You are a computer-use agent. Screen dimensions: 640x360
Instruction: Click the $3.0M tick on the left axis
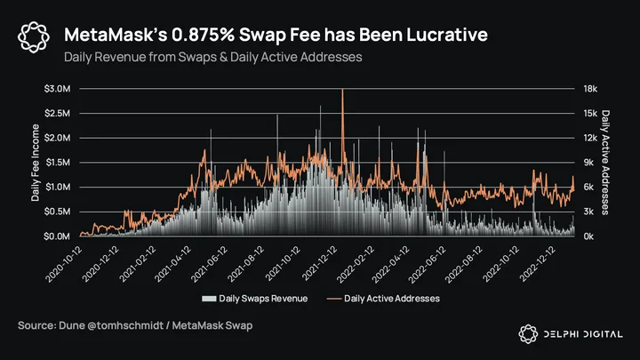57,89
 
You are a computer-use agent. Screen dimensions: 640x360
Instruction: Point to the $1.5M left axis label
58,163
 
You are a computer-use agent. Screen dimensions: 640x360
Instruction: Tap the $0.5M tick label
57,212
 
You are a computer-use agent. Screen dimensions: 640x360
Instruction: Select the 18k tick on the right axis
590,89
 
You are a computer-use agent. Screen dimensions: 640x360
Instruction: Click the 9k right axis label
588,163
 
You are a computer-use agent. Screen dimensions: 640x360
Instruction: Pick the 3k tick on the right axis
588,212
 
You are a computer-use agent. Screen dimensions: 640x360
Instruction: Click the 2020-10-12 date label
64,264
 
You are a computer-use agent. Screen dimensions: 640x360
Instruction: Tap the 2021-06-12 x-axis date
209,264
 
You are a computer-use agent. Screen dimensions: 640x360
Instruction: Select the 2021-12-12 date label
320,264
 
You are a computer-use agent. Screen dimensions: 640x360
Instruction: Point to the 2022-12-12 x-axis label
538,264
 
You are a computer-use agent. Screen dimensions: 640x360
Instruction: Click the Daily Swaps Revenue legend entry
255,299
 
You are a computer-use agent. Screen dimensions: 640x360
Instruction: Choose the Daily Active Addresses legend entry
383,299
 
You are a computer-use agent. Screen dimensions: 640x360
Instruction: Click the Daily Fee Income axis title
36,163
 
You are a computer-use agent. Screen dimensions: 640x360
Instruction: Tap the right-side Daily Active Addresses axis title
605,163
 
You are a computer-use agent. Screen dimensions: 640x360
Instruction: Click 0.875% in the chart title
204,35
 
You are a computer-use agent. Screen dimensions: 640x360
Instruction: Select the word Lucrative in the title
447,35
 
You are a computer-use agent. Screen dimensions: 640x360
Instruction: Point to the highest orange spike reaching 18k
342,90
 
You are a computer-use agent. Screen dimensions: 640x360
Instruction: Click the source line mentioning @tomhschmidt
135,325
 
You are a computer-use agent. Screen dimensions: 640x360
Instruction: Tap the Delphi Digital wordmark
583,334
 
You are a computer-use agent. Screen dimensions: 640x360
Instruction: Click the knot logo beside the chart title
34,37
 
